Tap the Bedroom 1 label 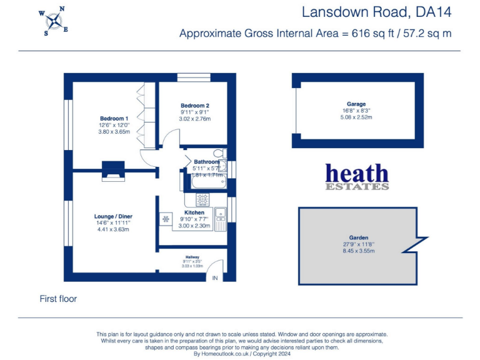click(114, 119)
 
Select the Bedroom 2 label click(194, 106)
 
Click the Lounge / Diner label click(113, 217)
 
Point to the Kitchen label click(194, 212)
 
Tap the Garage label click(356, 104)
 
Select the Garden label click(357, 237)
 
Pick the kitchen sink click(221, 216)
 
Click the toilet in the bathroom click(219, 153)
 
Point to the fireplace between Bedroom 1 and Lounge click(113, 170)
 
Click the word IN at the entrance click(215, 277)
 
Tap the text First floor click(58, 299)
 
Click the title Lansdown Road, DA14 click(376, 12)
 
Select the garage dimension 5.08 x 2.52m click(356, 117)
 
